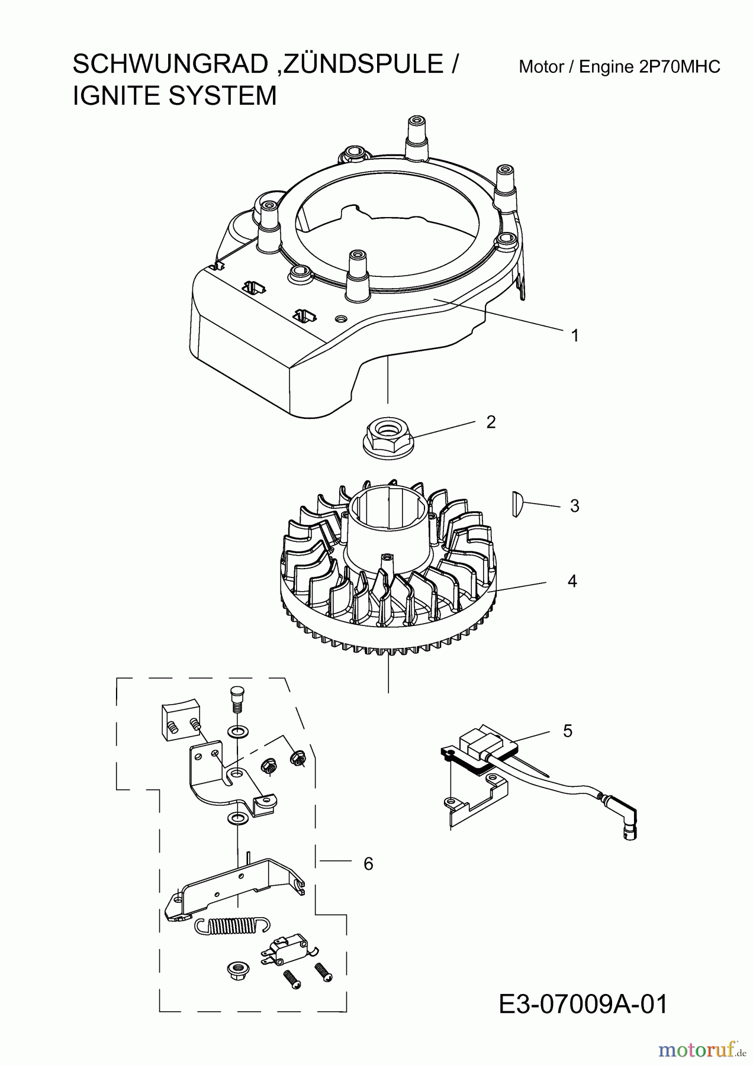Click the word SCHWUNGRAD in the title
(170, 64)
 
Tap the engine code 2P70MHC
(680, 67)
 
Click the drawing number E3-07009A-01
(583, 1005)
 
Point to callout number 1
(574, 335)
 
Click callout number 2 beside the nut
(490, 422)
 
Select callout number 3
(574, 506)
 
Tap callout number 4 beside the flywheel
(572, 581)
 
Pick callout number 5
(568, 731)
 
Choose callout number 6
(368, 864)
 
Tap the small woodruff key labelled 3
(517, 505)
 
